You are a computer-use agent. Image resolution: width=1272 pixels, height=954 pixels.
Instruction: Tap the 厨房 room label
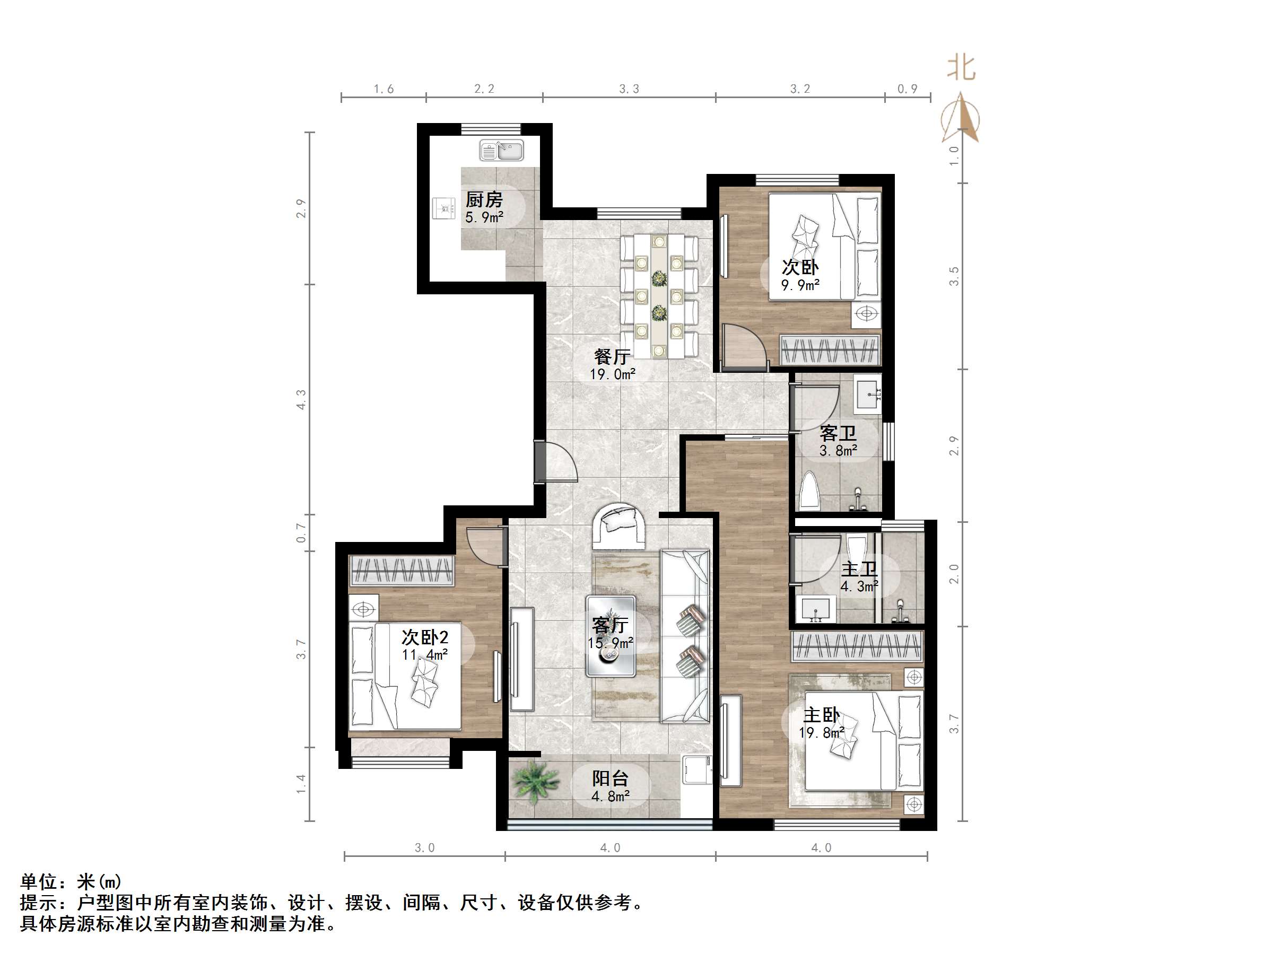[484, 199]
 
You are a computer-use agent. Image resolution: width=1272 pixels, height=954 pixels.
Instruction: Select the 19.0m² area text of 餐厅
[612, 374]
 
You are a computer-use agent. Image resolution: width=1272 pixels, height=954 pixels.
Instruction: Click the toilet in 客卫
[809, 491]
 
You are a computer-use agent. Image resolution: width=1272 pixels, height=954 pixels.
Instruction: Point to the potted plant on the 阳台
[534, 782]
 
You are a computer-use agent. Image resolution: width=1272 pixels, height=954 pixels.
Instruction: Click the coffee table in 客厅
[611, 636]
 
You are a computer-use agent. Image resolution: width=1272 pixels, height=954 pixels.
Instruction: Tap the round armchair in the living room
[620, 526]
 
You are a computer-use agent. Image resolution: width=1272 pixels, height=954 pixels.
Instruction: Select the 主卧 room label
[821, 715]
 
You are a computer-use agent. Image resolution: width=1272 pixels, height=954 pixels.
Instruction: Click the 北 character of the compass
[961, 68]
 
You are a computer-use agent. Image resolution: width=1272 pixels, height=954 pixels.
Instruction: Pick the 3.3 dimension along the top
[629, 89]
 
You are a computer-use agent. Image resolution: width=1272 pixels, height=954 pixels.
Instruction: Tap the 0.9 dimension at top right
[907, 89]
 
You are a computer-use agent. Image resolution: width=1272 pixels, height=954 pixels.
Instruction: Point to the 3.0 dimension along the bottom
[424, 847]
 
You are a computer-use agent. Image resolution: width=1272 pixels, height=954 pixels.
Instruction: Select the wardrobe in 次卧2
[402, 571]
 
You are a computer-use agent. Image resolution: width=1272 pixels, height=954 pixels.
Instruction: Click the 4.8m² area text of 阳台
[610, 797]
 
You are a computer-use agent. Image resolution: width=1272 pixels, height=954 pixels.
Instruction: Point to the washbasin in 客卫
[867, 393]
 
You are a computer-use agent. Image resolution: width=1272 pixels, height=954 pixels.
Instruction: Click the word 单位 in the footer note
[39, 881]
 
